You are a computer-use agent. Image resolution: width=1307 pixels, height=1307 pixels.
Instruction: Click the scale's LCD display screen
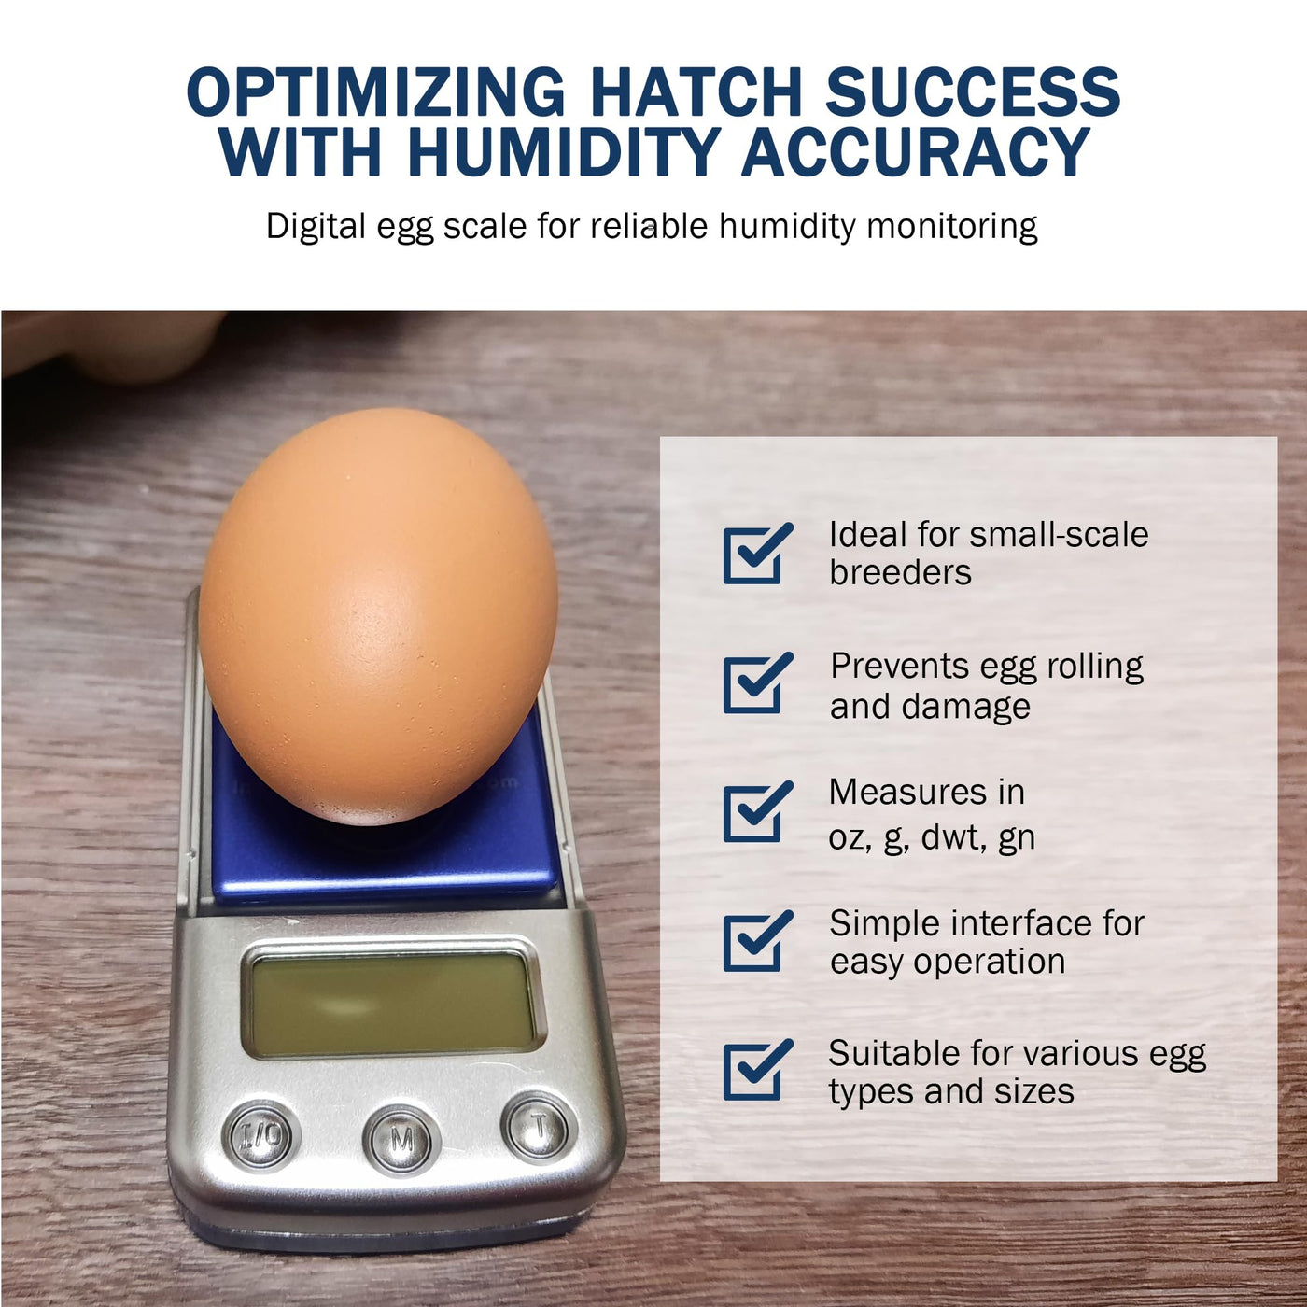(x=392, y=1004)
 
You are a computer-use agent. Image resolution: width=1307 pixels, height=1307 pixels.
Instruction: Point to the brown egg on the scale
(x=378, y=616)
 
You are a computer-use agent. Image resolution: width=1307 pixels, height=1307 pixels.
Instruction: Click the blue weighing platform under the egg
(x=386, y=848)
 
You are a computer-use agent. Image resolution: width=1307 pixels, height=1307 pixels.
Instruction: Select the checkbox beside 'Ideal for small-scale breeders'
(x=757, y=554)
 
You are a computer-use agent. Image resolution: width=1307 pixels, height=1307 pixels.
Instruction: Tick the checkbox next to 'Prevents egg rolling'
(x=757, y=683)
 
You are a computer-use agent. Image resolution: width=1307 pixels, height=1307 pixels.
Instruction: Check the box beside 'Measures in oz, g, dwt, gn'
(x=757, y=812)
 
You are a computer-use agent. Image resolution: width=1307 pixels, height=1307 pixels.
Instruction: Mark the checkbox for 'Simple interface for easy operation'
(x=757, y=941)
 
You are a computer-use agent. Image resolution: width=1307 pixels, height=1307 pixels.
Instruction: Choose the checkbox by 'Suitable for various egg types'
(x=757, y=1070)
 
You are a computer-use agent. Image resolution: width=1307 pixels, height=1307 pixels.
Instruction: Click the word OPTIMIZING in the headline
(x=375, y=91)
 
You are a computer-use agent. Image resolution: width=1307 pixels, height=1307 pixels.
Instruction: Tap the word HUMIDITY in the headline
(x=562, y=150)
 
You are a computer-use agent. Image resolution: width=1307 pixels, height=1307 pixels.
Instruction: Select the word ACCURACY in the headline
(x=916, y=150)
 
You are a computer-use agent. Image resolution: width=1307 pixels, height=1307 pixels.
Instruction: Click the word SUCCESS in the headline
(x=973, y=91)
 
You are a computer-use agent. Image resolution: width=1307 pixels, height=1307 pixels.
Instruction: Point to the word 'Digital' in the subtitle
(x=316, y=227)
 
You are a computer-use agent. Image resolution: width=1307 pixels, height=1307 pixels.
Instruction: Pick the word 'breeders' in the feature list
(x=900, y=572)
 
